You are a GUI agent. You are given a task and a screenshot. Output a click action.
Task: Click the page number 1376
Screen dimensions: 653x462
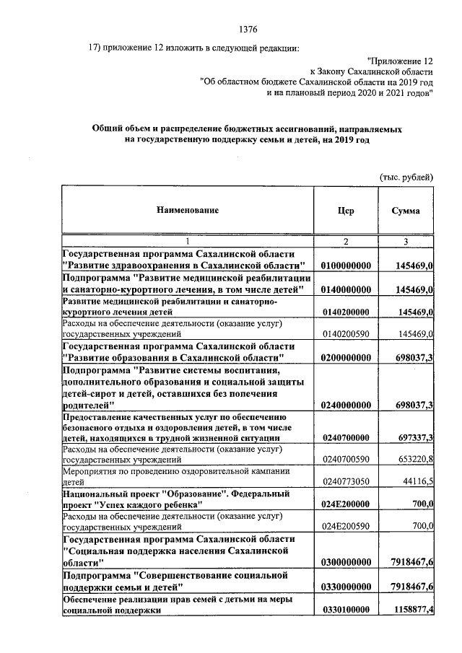tap(247, 30)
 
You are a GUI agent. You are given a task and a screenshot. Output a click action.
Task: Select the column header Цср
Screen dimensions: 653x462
tap(345, 210)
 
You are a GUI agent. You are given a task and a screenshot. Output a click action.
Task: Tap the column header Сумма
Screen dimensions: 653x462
tap(406, 210)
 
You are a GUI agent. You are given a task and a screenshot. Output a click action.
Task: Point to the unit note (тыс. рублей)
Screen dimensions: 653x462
tap(406, 176)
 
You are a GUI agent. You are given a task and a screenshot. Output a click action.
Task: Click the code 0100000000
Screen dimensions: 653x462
tap(346, 266)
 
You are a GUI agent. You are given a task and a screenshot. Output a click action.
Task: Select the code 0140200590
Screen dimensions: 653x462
tap(346, 335)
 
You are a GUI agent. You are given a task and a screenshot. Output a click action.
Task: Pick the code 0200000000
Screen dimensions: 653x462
tap(346, 357)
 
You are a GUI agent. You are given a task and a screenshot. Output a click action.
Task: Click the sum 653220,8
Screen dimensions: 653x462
tap(411, 459)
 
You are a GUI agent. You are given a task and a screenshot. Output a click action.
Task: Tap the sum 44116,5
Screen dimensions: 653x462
tap(414, 481)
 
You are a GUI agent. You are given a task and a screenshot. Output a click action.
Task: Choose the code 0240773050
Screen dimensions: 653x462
tap(346, 481)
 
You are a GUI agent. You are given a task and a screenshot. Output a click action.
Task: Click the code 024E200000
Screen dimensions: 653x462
tap(346, 504)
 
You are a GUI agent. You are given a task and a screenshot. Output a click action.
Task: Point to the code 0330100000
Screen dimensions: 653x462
tap(346, 610)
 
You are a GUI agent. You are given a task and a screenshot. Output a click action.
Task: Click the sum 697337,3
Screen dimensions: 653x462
tap(409, 437)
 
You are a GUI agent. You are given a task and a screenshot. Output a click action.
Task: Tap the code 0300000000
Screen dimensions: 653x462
tap(346, 562)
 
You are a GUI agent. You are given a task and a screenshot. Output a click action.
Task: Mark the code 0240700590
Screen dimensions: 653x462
tap(346, 459)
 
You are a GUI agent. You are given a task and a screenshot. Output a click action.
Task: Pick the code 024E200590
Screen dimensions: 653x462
tap(346, 527)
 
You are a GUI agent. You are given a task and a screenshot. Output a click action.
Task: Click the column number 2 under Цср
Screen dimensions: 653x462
tap(345, 241)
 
